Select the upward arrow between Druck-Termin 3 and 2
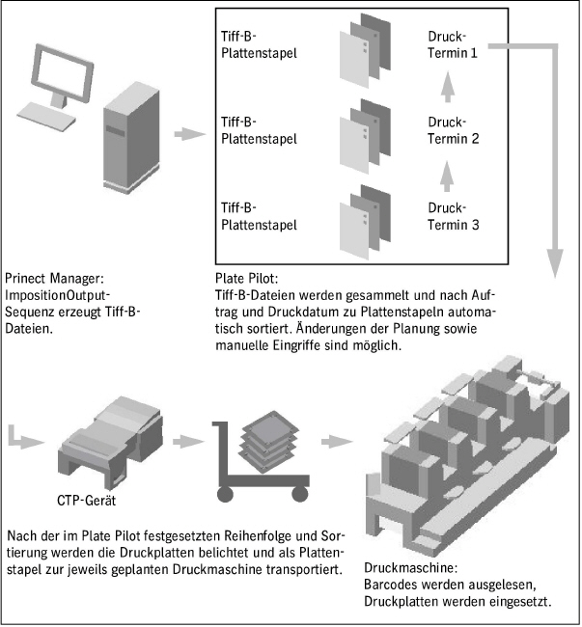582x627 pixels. coord(447,177)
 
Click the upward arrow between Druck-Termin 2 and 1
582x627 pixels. coord(447,90)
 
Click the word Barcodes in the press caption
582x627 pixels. coord(390,586)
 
